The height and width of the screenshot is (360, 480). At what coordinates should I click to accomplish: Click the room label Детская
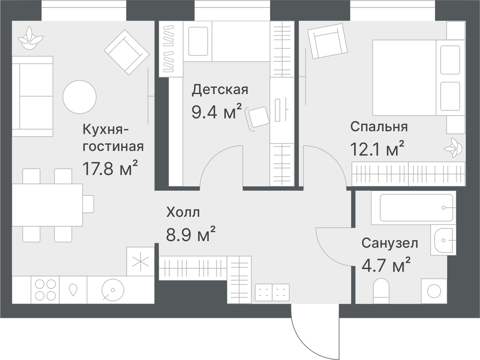point(220,90)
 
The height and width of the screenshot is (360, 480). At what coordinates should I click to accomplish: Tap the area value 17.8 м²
point(110,169)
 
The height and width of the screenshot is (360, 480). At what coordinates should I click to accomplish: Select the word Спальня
point(379,127)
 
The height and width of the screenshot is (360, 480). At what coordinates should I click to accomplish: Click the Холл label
point(183,212)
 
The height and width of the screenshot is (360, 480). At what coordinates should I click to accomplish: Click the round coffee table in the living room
point(80,97)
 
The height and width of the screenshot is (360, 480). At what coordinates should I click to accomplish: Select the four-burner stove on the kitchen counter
point(45,290)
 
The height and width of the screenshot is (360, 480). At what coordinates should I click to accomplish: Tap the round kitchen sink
point(113,290)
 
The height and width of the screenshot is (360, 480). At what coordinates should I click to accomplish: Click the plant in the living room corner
point(31,39)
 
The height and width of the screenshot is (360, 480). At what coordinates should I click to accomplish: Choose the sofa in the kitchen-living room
point(32,96)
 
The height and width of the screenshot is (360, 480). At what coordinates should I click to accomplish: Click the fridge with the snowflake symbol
point(140,262)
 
